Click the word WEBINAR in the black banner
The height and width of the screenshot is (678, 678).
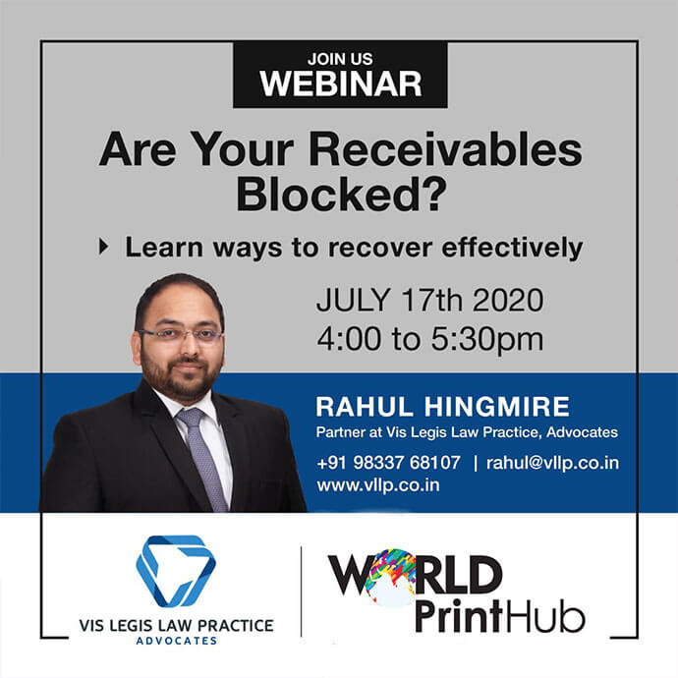pyautogui.click(x=340, y=84)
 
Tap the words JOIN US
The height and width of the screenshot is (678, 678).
pyautogui.click(x=340, y=59)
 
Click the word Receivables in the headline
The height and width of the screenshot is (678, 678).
pyautogui.click(x=445, y=149)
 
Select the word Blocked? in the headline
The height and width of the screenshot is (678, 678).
pyautogui.click(x=341, y=194)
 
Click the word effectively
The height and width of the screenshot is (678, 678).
pyautogui.click(x=512, y=248)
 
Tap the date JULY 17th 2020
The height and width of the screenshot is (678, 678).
pyautogui.click(x=429, y=300)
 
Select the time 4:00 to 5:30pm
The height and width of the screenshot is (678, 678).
pyautogui.click(x=429, y=339)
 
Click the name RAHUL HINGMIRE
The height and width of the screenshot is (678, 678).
pyautogui.click(x=442, y=407)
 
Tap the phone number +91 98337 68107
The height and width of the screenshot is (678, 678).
pyautogui.click(x=388, y=463)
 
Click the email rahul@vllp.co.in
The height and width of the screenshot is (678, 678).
pyautogui.click(x=552, y=463)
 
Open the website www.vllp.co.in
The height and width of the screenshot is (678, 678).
pyautogui.click(x=378, y=485)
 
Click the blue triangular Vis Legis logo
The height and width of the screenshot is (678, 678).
pyautogui.click(x=176, y=570)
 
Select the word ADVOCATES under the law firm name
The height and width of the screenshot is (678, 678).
pyautogui.click(x=177, y=641)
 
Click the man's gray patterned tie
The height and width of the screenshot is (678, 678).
pyautogui.click(x=203, y=458)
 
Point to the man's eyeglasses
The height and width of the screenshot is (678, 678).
pyautogui.click(x=181, y=335)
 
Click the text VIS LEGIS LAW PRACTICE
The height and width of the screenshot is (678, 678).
pyautogui.click(x=176, y=626)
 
